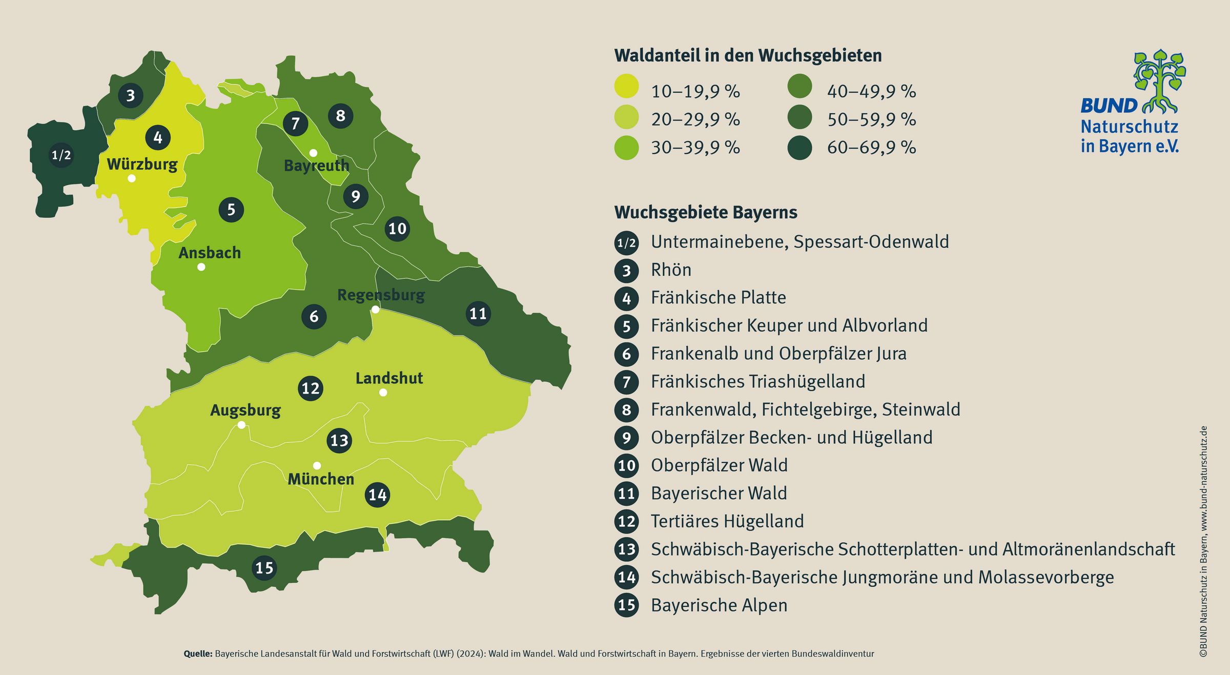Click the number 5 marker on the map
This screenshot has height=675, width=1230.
(231, 210)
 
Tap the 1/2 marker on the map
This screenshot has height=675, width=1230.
(61, 155)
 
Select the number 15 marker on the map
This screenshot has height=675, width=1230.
(264, 568)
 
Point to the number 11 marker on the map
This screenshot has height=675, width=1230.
(478, 314)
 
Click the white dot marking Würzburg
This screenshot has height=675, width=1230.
(132, 178)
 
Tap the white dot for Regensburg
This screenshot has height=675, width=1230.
(376, 310)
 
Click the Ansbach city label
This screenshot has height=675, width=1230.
(210, 253)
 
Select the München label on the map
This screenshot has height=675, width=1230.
(321, 479)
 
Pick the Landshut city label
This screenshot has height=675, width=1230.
(389, 378)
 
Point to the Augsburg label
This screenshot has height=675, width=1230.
(245, 410)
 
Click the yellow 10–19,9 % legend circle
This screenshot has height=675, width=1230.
(626, 86)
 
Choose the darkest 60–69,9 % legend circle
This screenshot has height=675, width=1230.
(799, 148)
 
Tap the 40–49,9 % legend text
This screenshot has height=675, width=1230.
(871, 92)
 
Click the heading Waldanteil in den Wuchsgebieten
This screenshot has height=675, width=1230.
(748, 55)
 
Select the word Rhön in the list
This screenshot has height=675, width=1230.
(671, 270)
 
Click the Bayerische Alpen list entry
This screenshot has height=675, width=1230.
(719, 605)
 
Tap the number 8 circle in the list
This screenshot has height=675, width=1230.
(626, 410)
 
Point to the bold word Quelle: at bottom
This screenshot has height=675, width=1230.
(198, 654)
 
